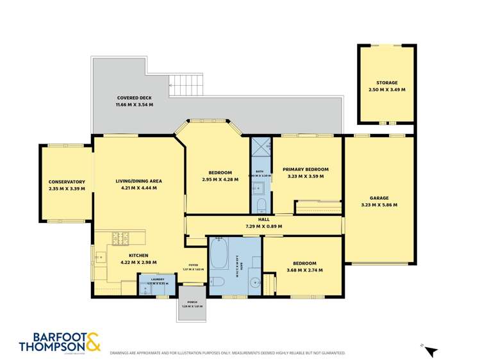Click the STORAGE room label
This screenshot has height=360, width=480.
point(386,83)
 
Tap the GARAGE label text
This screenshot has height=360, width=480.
point(379,198)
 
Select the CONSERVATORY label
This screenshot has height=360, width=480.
point(67,181)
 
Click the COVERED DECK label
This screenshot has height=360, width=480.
point(134,97)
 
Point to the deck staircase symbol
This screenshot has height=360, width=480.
point(186,84)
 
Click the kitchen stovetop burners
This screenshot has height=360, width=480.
point(120,238)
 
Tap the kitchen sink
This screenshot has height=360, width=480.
point(100,258)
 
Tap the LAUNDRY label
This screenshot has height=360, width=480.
point(157,279)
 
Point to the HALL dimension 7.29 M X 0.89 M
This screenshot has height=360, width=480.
point(263,226)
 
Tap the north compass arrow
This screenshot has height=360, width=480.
point(431,351)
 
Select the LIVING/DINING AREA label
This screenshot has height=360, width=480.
point(138,181)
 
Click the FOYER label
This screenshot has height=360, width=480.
point(194,265)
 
